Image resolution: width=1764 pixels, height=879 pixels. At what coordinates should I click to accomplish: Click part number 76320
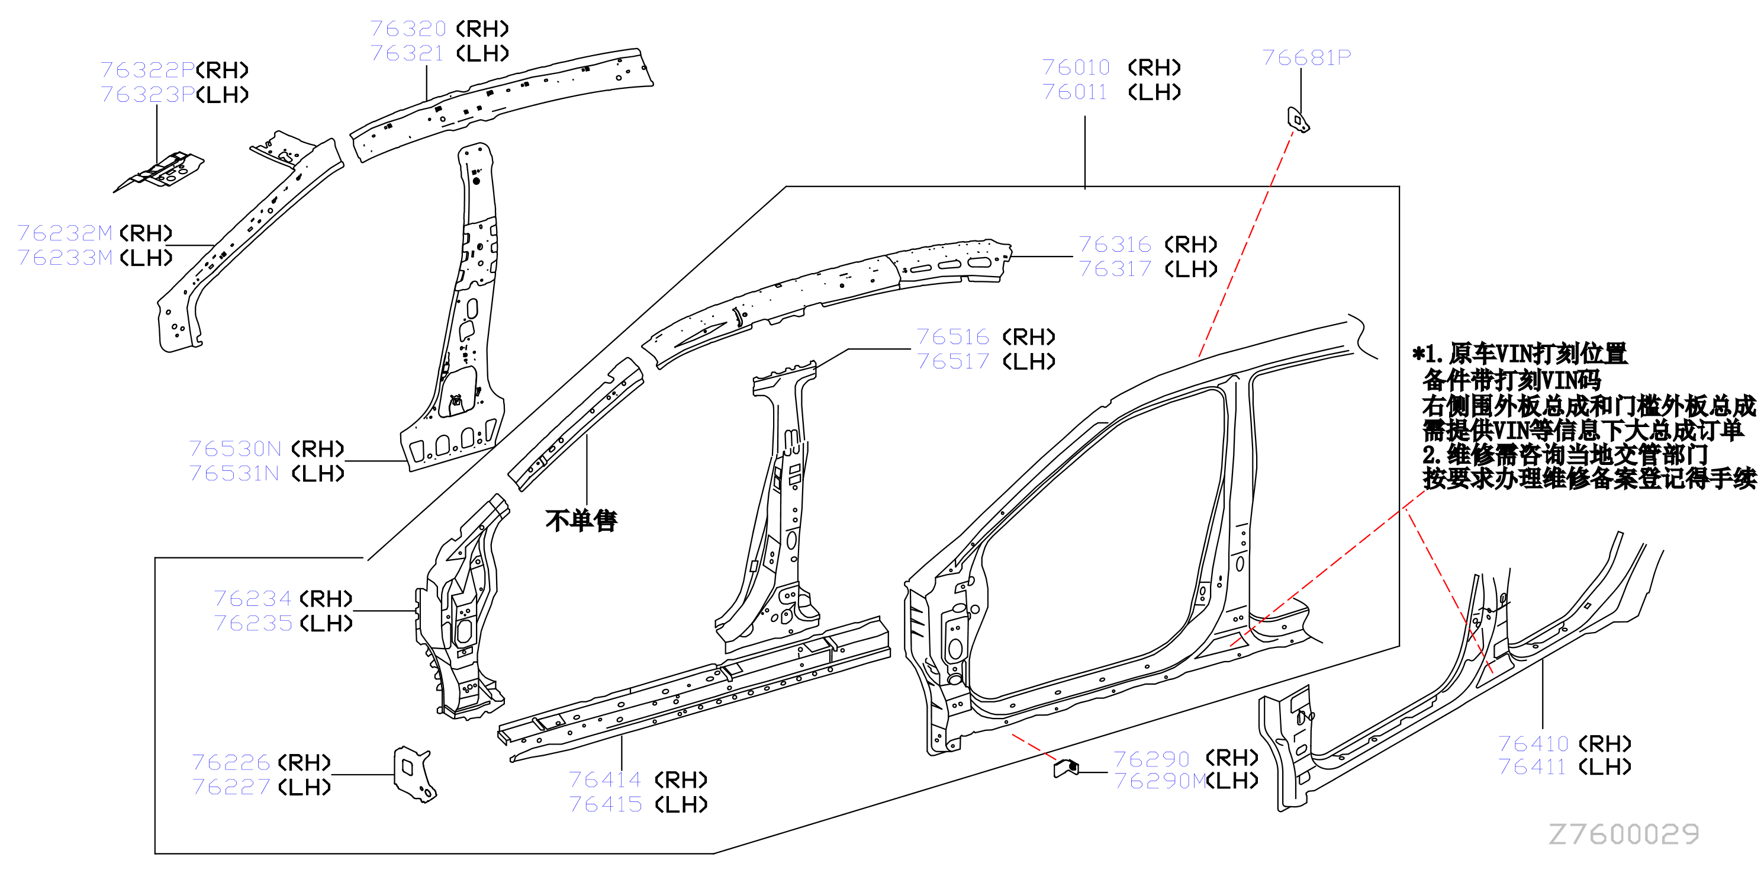408,29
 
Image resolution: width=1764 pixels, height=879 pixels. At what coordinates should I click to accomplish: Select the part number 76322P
148,70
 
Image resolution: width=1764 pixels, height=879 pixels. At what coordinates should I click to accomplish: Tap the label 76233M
65,258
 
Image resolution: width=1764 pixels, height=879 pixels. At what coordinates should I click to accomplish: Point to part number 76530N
235,449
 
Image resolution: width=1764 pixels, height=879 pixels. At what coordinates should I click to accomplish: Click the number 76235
253,623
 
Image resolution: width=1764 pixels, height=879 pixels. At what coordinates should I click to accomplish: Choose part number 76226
231,762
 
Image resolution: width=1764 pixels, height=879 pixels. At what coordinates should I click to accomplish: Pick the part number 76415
606,804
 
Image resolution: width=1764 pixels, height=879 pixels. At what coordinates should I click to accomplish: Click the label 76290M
1161,781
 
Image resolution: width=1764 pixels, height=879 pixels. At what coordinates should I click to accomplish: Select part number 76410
1533,743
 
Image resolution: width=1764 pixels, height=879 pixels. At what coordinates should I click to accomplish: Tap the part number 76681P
1306,57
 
